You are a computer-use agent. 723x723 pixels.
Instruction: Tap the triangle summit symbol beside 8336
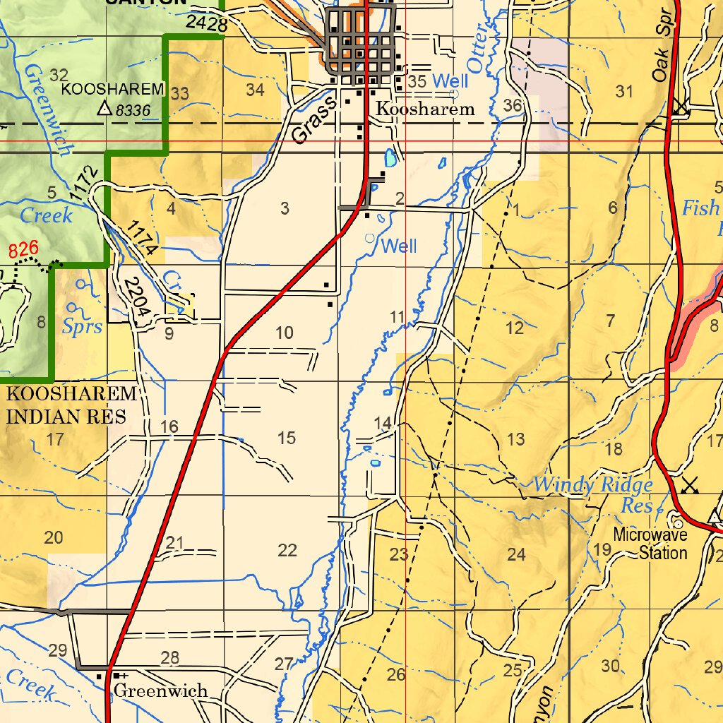pyautogui.click(x=104, y=108)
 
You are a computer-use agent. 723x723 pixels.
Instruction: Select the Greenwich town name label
pyautogui.click(x=161, y=690)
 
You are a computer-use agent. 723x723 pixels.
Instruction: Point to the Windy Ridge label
pyautogui.click(x=592, y=485)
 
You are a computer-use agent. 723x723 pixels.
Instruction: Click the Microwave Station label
pyautogui.click(x=650, y=544)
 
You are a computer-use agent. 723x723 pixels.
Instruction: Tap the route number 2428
pyautogui.click(x=207, y=23)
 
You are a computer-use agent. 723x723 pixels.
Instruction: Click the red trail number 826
pyautogui.click(x=23, y=249)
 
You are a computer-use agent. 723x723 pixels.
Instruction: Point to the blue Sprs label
pyautogui.click(x=83, y=327)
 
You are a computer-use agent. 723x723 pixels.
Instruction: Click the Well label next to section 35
pyautogui.click(x=450, y=80)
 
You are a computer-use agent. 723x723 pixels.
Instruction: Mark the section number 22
pyautogui.click(x=287, y=551)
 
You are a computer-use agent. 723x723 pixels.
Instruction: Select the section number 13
pyautogui.click(x=516, y=439)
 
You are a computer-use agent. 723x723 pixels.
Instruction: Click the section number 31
pyautogui.click(x=624, y=91)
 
